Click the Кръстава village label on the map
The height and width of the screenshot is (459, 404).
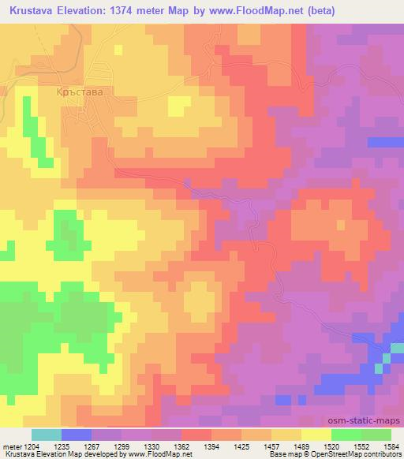tap(80, 91)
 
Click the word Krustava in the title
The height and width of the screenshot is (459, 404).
tap(34, 11)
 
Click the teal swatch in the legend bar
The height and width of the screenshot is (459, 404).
tap(47, 435)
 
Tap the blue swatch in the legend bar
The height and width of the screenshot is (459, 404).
tap(77, 435)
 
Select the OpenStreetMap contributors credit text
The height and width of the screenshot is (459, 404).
tap(350, 455)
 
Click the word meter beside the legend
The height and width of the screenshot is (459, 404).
tap(12, 446)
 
